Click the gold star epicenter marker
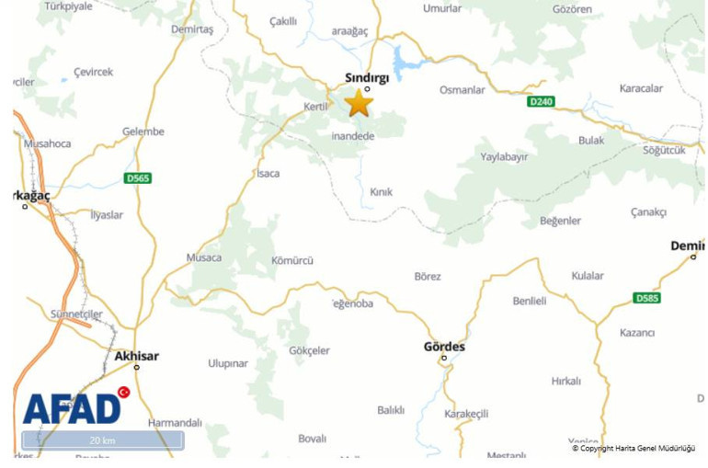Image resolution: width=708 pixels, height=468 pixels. click(359, 103)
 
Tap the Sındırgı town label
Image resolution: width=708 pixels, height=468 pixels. click(367, 77)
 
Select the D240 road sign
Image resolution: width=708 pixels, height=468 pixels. click(541, 101)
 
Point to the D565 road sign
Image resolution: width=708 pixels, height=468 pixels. click(138, 177)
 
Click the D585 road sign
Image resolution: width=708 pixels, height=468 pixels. click(647, 298)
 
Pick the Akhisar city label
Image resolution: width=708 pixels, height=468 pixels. click(137, 356)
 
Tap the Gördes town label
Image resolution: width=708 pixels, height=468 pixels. click(444, 347)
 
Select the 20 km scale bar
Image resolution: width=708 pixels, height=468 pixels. click(102, 440)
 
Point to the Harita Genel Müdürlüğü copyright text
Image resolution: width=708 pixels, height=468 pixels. click(634, 449)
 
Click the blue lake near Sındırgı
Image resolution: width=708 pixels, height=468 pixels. click(402, 63)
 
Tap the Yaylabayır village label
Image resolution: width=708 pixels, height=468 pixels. click(505, 157)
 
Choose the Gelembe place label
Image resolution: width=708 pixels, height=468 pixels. click(143, 131)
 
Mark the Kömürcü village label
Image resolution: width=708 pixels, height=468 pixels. click(292, 260)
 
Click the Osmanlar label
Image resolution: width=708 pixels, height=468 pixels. click(462, 90)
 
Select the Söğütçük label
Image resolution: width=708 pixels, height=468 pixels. click(664, 150)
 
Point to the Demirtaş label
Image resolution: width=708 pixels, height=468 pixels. click(192, 29)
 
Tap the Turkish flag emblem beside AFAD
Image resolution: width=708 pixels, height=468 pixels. click(123, 393)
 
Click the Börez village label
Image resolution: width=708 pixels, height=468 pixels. click(428, 276)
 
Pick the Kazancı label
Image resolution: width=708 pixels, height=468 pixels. click(637, 332)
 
